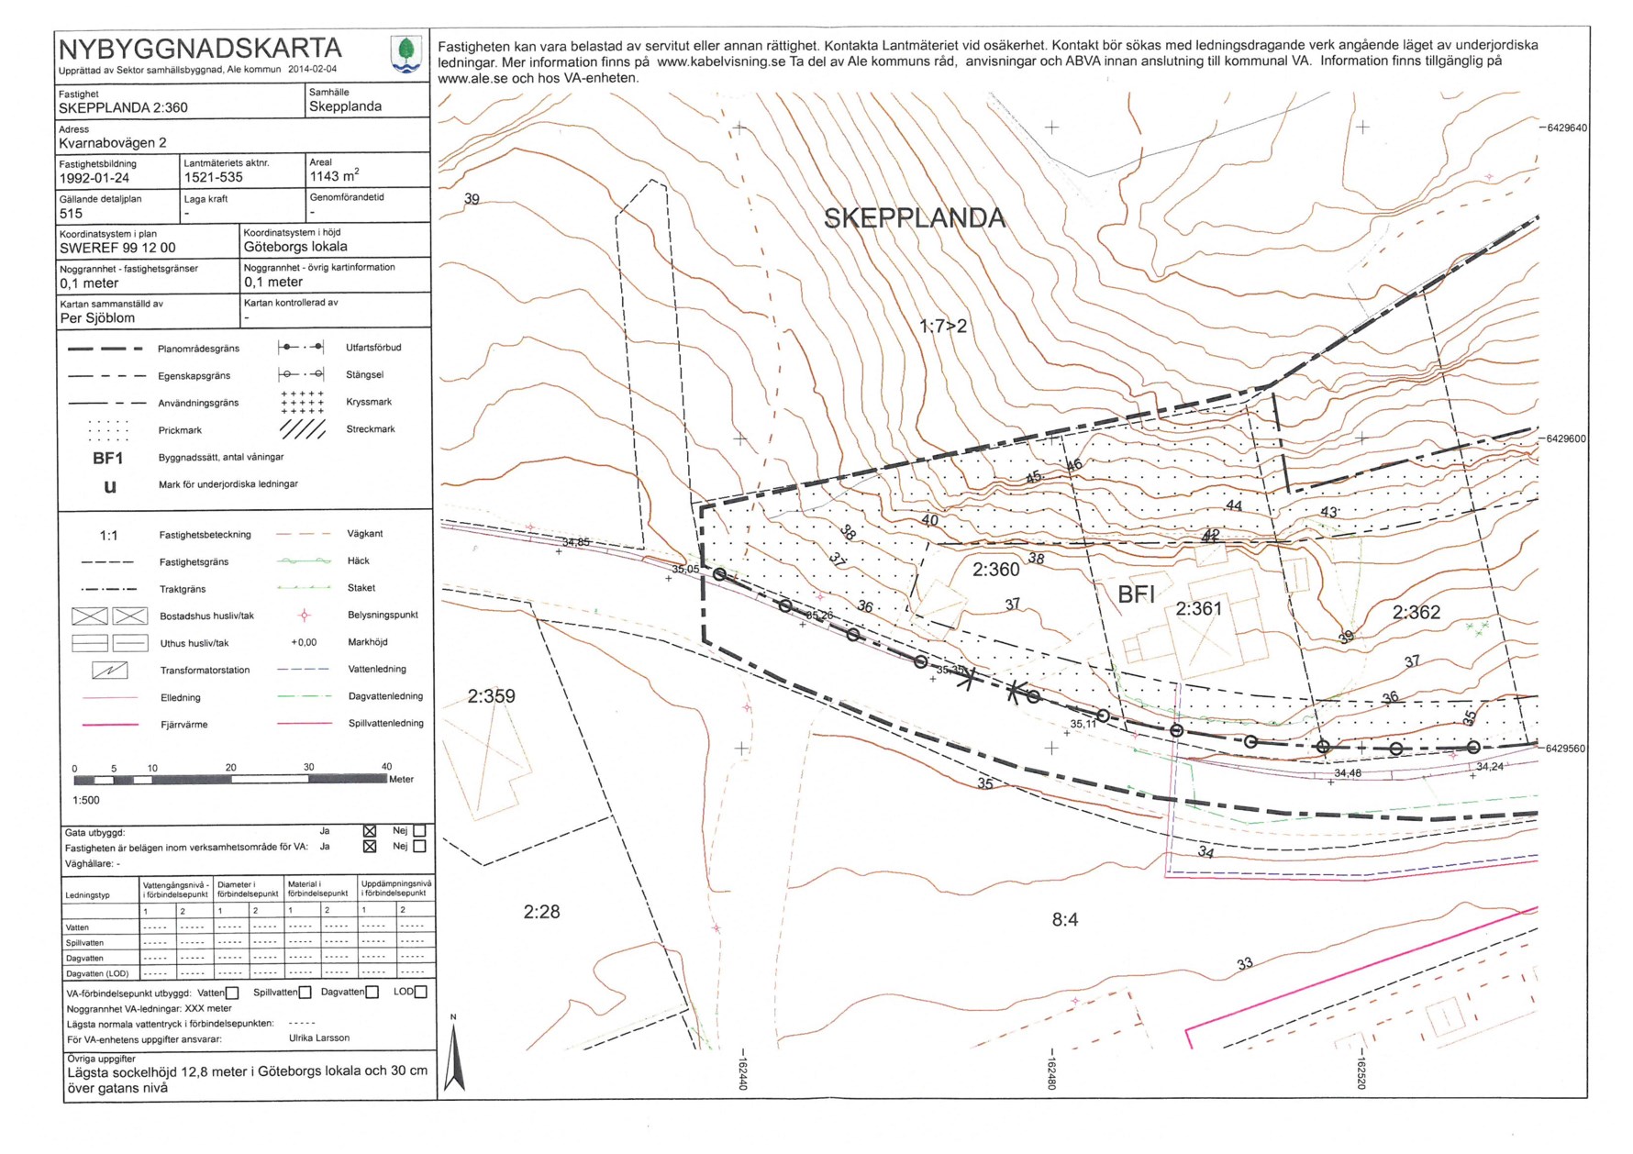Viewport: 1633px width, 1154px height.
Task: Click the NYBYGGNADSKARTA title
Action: coord(200,49)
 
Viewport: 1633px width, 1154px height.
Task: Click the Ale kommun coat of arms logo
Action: coord(406,53)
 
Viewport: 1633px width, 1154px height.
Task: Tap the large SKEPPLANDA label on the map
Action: coord(915,218)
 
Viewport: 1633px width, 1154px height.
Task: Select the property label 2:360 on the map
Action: coord(995,570)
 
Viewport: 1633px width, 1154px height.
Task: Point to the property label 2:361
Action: coord(1199,608)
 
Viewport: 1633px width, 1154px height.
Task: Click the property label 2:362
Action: coord(1416,612)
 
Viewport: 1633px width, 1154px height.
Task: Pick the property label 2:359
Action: coord(491,696)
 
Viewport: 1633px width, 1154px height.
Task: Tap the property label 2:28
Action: coord(541,912)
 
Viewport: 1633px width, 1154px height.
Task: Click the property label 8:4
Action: coord(1064,920)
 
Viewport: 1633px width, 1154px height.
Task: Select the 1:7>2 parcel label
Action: coord(942,326)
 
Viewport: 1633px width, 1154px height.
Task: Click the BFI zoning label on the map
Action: coord(1136,594)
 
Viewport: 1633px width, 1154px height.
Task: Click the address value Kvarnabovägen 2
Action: coord(113,143)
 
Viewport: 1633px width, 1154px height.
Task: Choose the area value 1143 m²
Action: coord(334,176)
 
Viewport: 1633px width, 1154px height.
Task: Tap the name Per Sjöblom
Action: coord(97,318)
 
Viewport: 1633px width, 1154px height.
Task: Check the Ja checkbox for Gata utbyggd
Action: coord(370,831)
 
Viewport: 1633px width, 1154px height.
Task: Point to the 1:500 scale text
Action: coord(86,800)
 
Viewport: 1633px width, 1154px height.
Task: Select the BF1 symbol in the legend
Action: coord(107,458)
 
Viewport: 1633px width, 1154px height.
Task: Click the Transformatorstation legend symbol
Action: coord(110,671)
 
